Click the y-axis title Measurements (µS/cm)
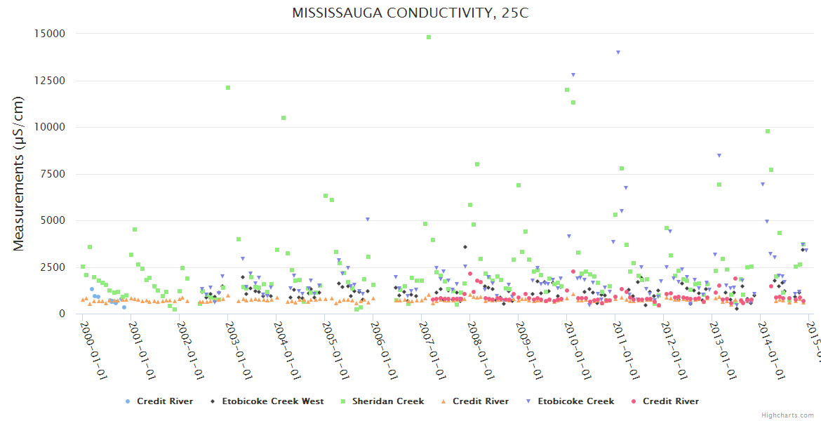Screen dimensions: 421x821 (x=19, y=174)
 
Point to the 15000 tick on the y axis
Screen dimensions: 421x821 (x=50, y=34)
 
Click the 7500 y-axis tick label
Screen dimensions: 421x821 (x=53, y=174)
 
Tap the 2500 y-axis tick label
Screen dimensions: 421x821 (x=53, y=267)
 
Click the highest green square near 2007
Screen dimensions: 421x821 (x=429, y=37)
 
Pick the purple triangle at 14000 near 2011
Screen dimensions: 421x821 (x=618, y=52)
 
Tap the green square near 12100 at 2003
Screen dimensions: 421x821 (x=228, y=88)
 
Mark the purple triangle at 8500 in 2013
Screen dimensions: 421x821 (x=719, y=155)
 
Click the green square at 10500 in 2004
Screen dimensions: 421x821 (x=283, y=118)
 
